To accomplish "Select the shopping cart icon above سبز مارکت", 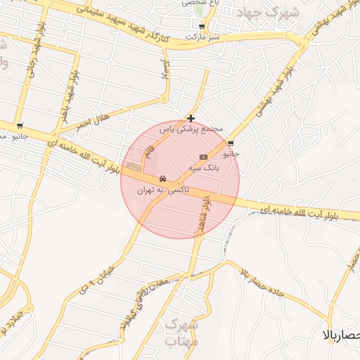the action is [x=202, y=26].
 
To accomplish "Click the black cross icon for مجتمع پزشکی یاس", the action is [x=191, y=118].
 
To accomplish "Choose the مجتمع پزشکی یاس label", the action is [x=191, y=130].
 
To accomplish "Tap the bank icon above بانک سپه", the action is [x=203, y=156].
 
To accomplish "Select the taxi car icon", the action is [x=163, y=178].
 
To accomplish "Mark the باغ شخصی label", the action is [x=199, y=4].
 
